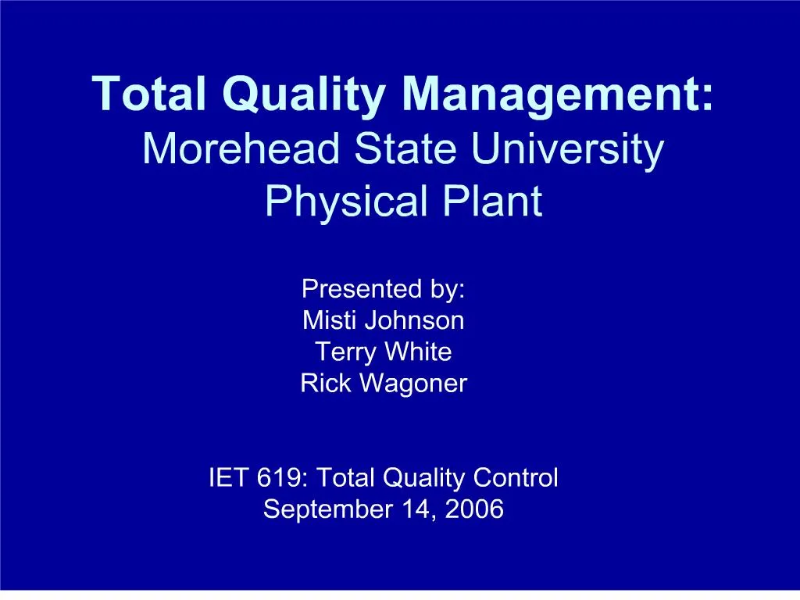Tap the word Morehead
[241, 148]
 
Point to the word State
[405, 148]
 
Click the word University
[567, 151]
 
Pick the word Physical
[346, 203]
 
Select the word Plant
[492, 201]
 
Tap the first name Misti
[328, 320]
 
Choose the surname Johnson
[415, 320]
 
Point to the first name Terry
[345, 353]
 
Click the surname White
[419, 352]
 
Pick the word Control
[516, 478]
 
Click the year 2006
[474, 509]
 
